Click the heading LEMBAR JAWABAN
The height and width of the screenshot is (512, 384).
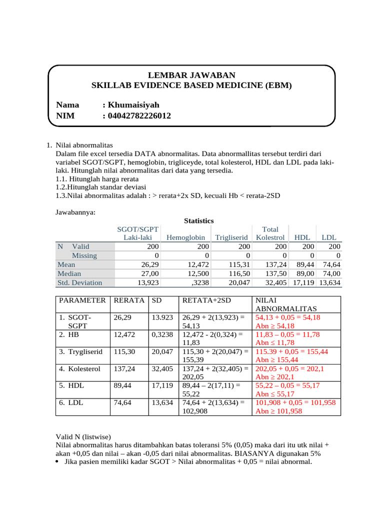tap(191, 74)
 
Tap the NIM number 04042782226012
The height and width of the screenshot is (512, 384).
tap(136, 116)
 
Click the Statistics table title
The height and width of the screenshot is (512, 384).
tap(198, 220)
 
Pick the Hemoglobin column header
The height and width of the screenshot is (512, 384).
tap(185, 237)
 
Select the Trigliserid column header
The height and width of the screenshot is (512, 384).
tap(231, 237)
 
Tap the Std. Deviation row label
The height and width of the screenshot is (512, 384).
tap(80, 282)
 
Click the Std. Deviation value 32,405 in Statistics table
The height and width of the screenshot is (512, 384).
tap(275, 282)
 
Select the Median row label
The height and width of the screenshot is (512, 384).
tap(69, 273)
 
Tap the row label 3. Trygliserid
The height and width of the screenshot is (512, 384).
tap(80, 351)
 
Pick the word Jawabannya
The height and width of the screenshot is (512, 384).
tap(75, 212)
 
